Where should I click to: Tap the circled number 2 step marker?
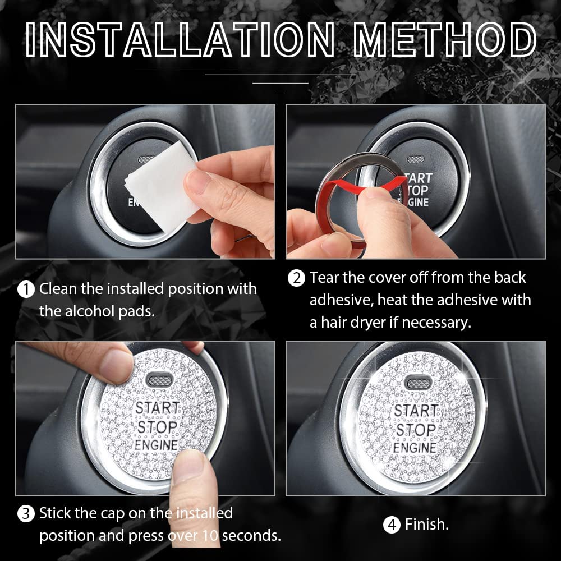coord(296,278)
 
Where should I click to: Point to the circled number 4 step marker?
coord(392,526)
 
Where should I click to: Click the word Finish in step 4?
coord(426,525)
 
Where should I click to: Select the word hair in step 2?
coord(337,323)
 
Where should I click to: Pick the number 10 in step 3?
coord(210,536)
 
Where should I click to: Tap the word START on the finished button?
coord(415,411)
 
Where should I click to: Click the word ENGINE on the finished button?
coord(415,448)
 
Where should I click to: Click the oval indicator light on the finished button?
coord(416,383)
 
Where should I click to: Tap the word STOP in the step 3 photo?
coord(157,428)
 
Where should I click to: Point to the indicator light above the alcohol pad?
coord(147,159)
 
